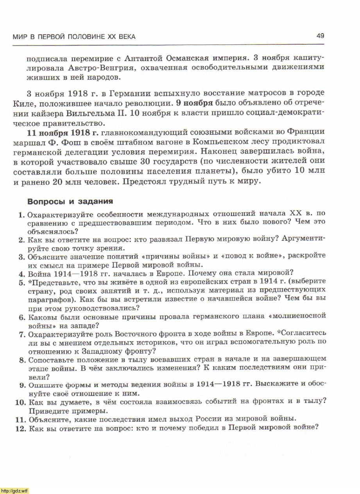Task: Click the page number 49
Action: point(320,36)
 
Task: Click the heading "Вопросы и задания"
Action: point(70,202)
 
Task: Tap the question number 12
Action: point(20,428)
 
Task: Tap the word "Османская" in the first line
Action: point(186,58)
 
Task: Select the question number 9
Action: point(22,385)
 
